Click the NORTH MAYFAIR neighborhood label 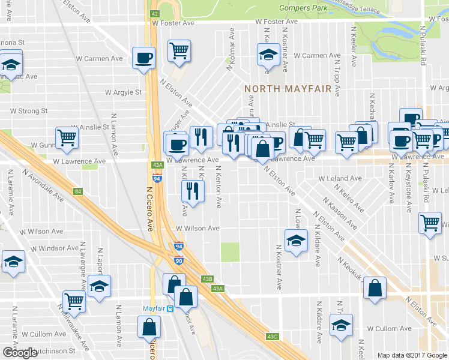pyautogui.click(x=288, y=89)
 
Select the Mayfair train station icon pyautogui.click(x=170, y=309)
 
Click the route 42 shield pyautogui.click(x=154, y=13)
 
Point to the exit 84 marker pyautogui.click(x=77, y=192)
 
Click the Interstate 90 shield pyautogui.click(x=179, y=260)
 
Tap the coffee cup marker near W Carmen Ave pyautogui.click(x=143, y=58)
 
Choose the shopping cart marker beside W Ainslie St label pyautogui.click(x=67, y=137)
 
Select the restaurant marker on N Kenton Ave pyautogui.click(x=193, y=191)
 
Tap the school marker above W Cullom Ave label pyautogui.click(x=342, y=326)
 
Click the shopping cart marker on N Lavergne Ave pyautogui.click(x=74, y=300)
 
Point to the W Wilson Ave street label pyautogui.click(x=197, y=229)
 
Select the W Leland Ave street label pyautogui.click(x=340, y=179)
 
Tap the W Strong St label pyautogui.click(x=29, y=111)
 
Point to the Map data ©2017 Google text pyautogui.click(x=412, y=355)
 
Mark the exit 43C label pyautogui.click(x=273, y=337)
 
